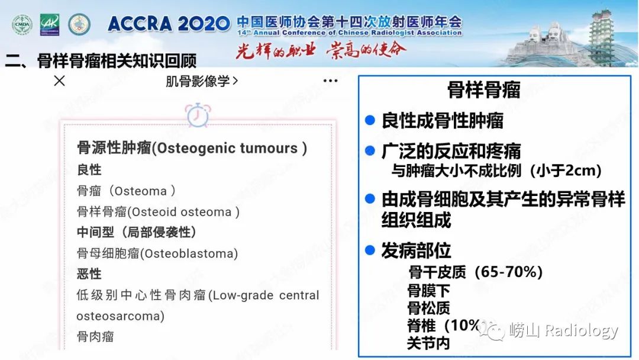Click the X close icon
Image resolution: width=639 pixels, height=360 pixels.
click(x=59, y=81)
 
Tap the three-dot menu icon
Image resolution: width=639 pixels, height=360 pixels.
click(x=330, y=81)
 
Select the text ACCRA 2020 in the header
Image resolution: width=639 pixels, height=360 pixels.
click(x=169, y=24)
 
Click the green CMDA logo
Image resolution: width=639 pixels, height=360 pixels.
click(x=22, y=24)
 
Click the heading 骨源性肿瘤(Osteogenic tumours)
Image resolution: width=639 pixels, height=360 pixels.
click(x=192, y=148)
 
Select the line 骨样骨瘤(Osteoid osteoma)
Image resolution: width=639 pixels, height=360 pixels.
click(x=158, y=212)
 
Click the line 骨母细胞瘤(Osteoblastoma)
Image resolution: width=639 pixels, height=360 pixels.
click(x=157, y=253)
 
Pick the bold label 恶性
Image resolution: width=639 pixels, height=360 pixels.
click(x=89, y=274)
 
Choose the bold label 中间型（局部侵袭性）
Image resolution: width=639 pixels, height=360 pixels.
click(x=137, y=233)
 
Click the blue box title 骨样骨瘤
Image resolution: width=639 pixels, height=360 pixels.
click(x=483, y=90)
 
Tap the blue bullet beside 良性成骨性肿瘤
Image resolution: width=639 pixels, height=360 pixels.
click(x=370, y=120)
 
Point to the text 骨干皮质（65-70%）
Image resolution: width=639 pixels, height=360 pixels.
click(x=475, y=272)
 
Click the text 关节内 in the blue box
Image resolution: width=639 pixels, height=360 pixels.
click(x=428, y=343)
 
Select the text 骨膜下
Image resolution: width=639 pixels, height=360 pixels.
click(x=428, y=290)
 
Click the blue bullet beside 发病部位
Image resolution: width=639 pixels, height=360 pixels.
click(x=370, y=250)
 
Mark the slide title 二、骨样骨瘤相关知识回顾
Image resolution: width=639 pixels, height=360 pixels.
click(x=101, y=61)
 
